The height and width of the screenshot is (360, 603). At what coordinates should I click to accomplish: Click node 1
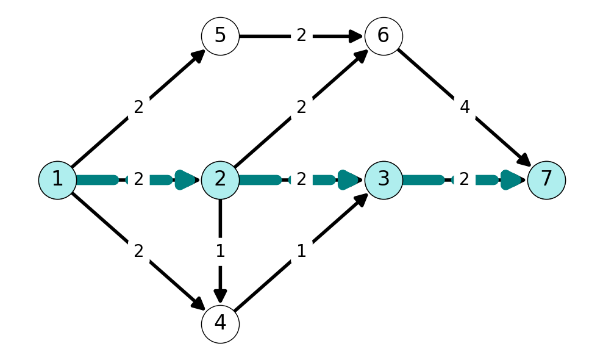pos(57,180)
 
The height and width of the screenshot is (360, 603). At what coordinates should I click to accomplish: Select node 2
pos(220,180)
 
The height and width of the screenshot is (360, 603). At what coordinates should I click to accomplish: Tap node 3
pos(384,180)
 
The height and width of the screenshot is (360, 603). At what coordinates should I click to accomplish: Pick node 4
pos(220,324)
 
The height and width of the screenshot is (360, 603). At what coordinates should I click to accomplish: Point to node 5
pos(220,36)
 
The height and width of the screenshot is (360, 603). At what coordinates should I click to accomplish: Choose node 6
pos(384,36)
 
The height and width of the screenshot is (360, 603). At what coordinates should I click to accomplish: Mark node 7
pos(546,180)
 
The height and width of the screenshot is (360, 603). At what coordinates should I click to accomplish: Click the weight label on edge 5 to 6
pos(301,35)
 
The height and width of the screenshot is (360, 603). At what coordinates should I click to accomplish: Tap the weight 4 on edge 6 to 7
pos(465,107)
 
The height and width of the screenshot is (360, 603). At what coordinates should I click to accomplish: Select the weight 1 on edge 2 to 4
pos(220,251)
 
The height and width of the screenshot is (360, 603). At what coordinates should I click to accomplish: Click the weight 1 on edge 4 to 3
pos(301,251)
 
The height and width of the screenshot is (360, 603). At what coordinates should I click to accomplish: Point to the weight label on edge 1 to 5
pos(138,107)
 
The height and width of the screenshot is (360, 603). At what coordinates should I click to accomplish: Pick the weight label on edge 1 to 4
pos(138,251)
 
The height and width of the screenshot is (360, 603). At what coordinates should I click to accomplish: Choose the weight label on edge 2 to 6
pos(301,107)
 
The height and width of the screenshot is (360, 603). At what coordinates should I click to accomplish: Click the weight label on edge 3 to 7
pos(464,179)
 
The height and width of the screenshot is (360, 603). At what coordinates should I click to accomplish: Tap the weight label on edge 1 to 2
pos(138,179)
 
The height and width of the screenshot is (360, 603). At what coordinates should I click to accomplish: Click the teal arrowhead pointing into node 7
pos(513,180)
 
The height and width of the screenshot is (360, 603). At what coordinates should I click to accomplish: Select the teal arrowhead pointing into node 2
pos(187,180)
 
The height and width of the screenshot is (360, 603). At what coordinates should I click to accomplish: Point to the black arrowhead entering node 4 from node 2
pos(220,296)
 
